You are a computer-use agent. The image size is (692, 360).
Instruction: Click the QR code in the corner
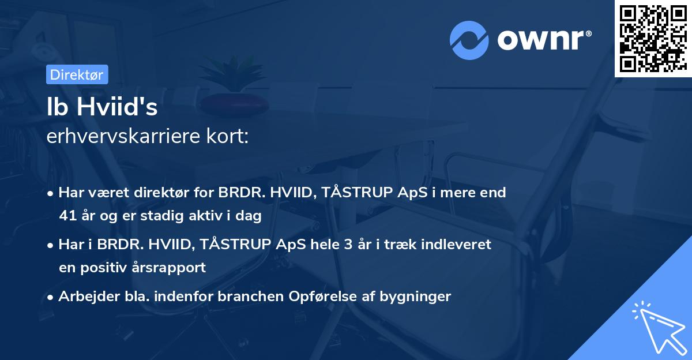click(x=652, y=39)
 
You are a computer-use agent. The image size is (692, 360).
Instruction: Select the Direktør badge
click(x=77, y=74)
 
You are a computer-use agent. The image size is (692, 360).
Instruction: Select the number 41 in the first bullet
click(x=67, y=216)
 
